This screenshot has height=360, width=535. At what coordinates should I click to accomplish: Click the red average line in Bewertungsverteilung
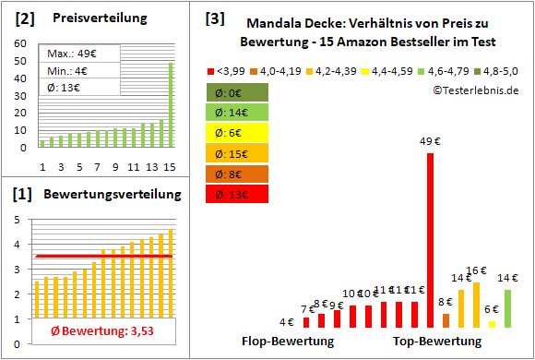click(103, 256)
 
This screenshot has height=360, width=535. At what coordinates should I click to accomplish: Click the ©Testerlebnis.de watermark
click(475, 90)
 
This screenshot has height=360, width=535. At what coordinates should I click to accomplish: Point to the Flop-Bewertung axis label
click(287, 341)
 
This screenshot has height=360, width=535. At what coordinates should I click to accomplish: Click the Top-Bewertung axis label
click(437, 341)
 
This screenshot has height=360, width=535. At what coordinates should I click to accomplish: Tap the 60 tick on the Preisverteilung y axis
click(20, 42)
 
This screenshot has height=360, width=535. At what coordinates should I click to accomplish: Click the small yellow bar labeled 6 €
click(492, 324)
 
